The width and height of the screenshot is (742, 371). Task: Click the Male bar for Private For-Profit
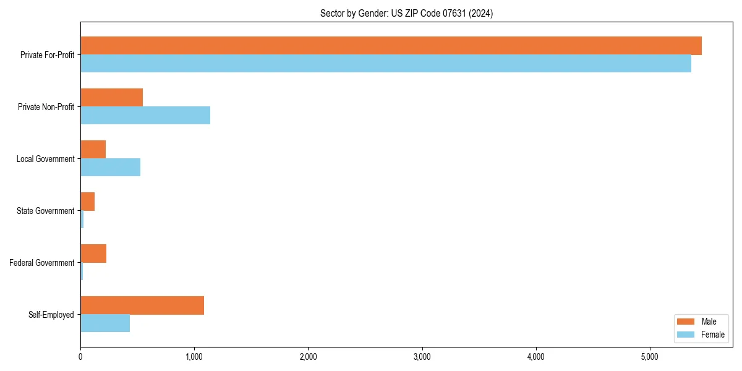tap(391, 46)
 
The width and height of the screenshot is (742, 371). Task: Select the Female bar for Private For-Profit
tap(386, 64)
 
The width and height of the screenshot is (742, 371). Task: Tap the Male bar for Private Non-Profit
tap(111, 98)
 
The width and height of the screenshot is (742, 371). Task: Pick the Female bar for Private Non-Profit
tap(145, 116)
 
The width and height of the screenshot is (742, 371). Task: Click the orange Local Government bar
tap(93, 150)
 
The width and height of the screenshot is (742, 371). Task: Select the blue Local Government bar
tap(110, 168)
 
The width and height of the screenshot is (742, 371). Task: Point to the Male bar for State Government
tap(87, 202)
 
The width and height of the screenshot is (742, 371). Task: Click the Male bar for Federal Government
tap(93, 254)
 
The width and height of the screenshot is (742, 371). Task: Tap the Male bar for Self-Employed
tap(142, 305)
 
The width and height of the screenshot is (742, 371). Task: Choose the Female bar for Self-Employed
tap(105, 323)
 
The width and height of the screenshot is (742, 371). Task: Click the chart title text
tap(406, 13)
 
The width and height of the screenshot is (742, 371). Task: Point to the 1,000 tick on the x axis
tap(194, 357)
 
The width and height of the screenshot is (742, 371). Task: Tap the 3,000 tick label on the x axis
tap(422, 357)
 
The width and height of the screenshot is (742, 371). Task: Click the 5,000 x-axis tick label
tap(649, 357)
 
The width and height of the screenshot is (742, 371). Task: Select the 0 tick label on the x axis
tap(80, 357)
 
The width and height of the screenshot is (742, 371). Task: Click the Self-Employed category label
tap(51, 315)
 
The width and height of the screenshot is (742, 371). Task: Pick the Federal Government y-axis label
tap(41, 263)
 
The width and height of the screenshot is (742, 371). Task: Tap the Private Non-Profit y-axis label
tap(46, 107)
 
